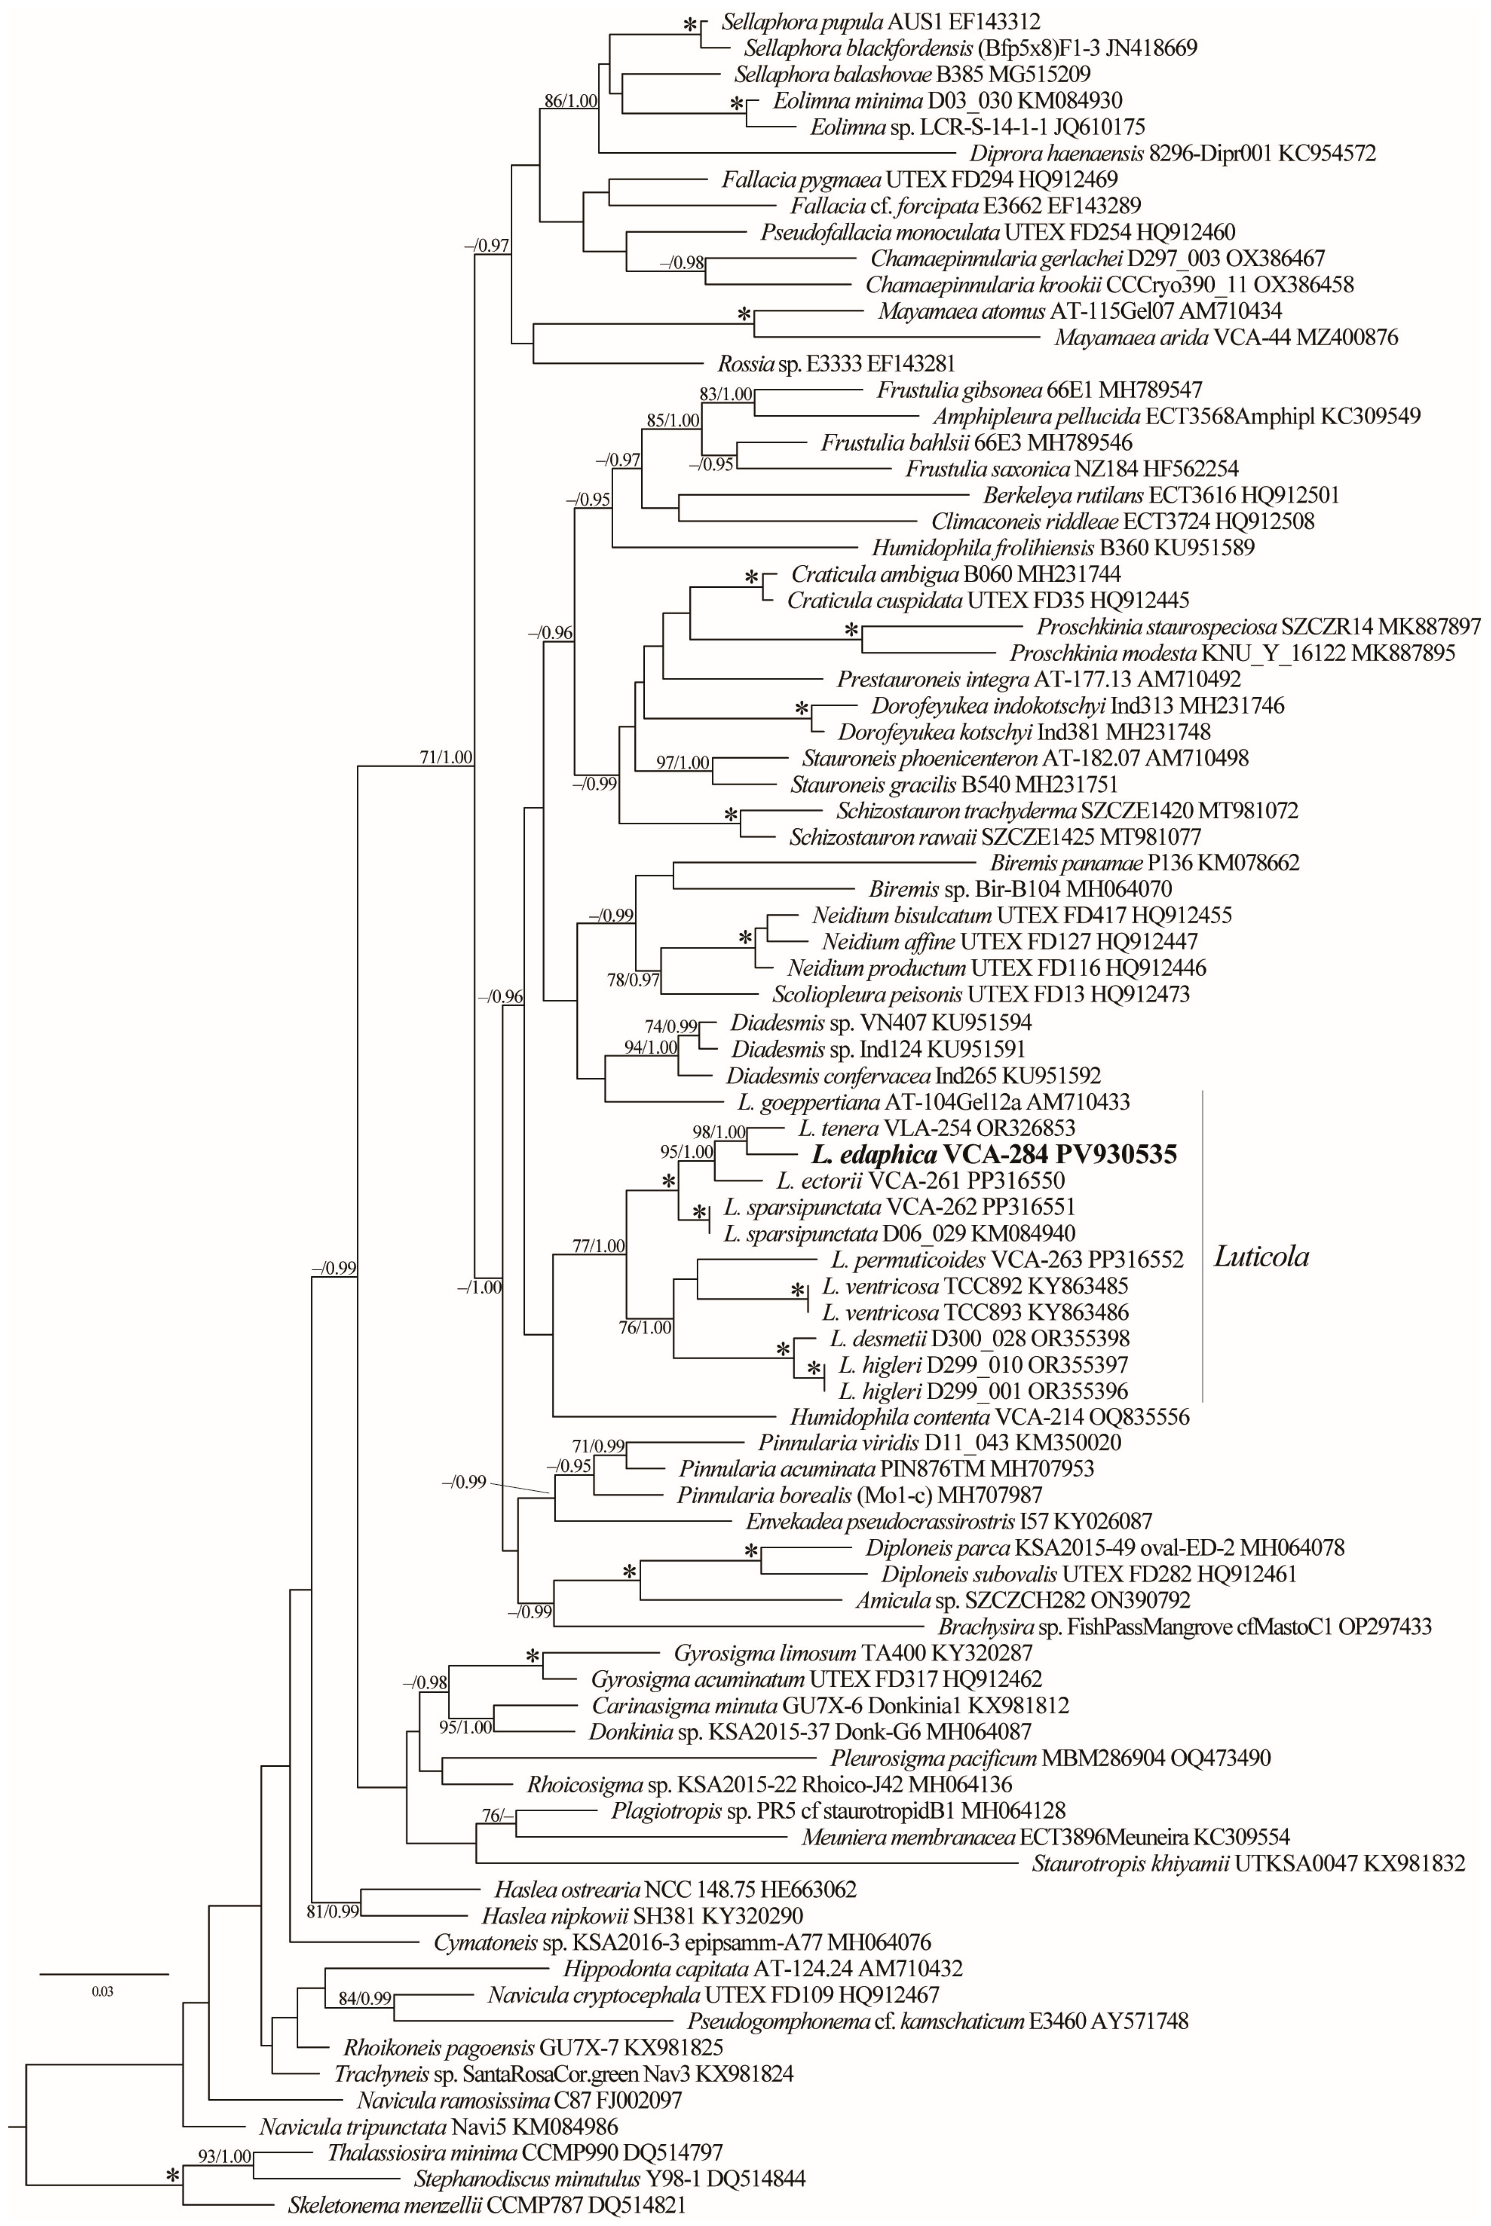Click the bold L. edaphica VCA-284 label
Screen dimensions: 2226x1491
click(994, 1154)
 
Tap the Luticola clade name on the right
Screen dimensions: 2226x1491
click(1261, 1256)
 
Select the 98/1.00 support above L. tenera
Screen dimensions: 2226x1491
click(719, 1131)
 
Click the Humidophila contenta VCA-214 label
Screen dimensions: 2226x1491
click(989, 1417)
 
